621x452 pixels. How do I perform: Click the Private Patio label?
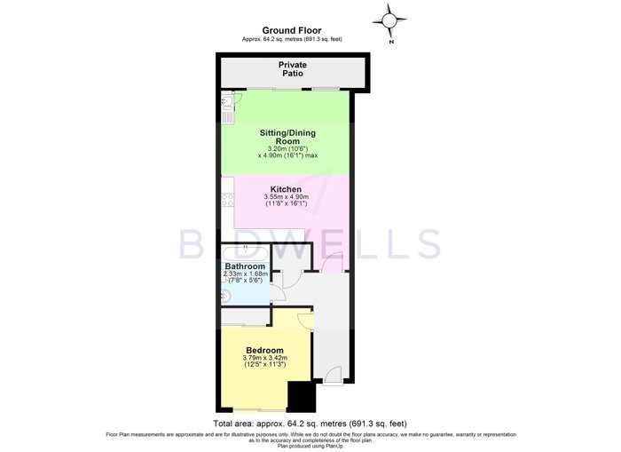tap(292, 69)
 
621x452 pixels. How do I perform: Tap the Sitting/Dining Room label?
tap(287, 137)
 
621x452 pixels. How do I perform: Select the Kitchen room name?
tap(286, 189)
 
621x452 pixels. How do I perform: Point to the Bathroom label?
tap(245, 266)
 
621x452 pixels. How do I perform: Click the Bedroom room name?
tap(264, 350)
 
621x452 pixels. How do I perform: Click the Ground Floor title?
tap(292, 30)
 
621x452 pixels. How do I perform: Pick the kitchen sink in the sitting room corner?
tap(227, 107)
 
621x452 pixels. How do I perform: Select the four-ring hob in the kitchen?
tap(228, 200)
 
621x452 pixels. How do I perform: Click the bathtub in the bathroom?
tap(245, 253)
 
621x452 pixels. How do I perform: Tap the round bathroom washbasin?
tap(226, 296)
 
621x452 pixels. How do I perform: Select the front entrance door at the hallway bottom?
tap(333, 375)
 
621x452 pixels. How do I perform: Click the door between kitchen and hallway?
tap(332, 262)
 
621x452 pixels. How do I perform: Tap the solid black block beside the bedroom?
tap(302, 396)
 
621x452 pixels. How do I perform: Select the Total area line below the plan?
tap(310, 424)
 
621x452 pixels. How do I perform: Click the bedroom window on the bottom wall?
tap(259, 409)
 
